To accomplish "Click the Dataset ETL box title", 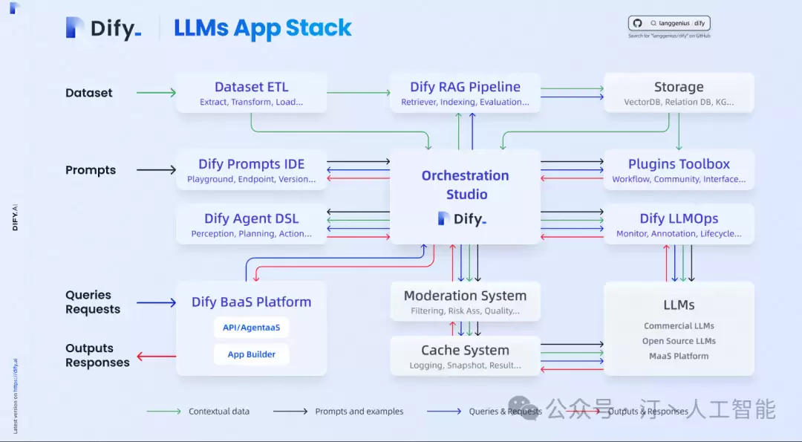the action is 251,87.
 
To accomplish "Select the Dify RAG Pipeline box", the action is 465,93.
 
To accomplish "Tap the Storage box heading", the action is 679,87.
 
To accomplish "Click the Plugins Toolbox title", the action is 679,164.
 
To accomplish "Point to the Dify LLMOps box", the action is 679,224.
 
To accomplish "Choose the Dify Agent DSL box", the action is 251,224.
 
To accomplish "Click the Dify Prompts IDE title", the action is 251,164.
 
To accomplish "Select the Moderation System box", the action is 465,302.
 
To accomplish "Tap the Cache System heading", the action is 465,351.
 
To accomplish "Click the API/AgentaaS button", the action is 251,328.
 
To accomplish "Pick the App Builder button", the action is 251,354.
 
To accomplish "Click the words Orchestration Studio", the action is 466,185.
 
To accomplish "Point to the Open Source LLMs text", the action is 679,341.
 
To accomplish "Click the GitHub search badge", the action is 669,23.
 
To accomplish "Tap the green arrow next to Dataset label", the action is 156,93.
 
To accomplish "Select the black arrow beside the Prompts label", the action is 156,170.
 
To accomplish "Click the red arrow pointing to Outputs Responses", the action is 156,356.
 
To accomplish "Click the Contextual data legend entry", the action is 198,412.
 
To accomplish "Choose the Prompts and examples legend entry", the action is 338,412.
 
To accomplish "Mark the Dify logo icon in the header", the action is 74,27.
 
